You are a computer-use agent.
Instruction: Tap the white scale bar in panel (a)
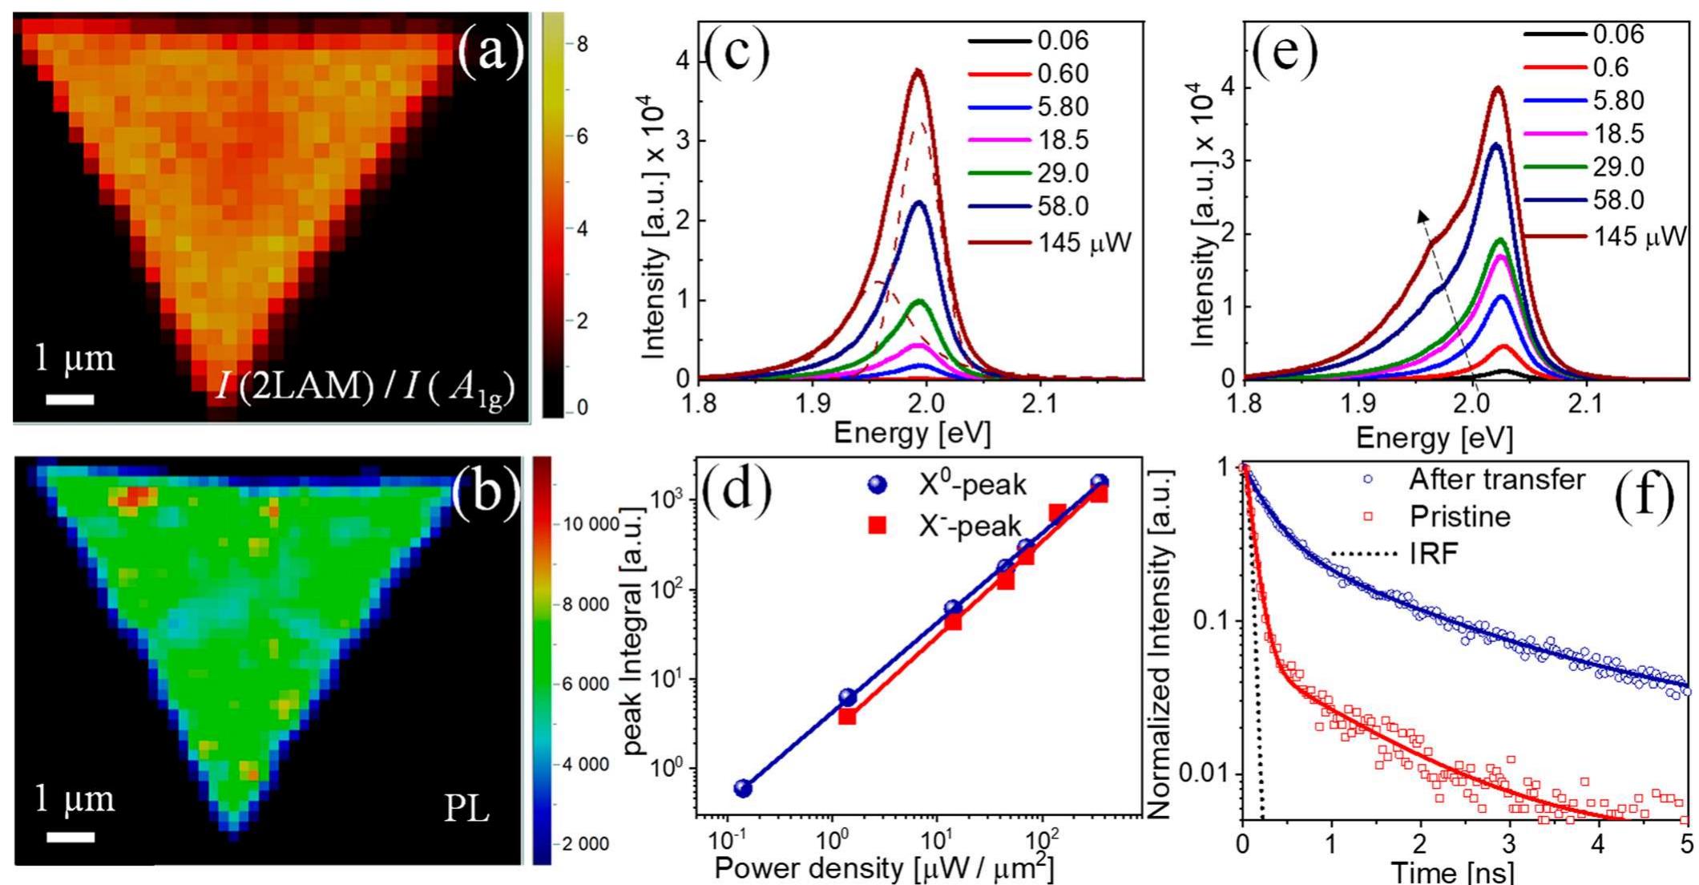point(70,398)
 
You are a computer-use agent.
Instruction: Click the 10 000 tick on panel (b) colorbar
point(591,524)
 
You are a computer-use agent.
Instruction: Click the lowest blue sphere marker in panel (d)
point(743,788)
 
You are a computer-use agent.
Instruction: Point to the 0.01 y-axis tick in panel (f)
point(1207,774)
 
